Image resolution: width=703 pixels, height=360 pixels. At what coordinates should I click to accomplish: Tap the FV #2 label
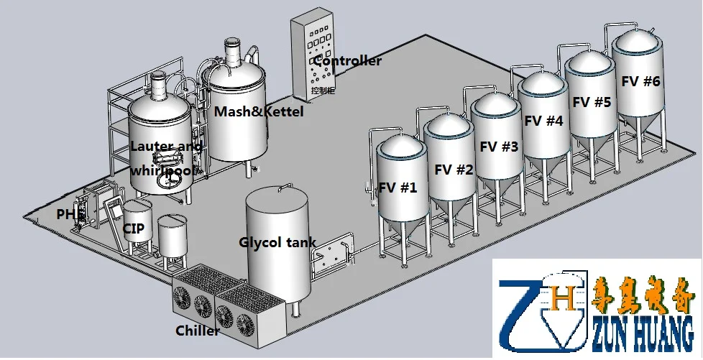454,170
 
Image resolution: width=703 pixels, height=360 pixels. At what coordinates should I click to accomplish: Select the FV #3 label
499,147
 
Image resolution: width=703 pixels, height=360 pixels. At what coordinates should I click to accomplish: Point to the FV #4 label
543,121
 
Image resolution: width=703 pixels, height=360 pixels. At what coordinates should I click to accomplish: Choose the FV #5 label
592,102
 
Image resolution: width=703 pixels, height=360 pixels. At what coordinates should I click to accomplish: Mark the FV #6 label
640,81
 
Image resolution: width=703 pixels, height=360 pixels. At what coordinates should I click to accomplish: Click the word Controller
347,61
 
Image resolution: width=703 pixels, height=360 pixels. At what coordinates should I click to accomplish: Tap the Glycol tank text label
277,242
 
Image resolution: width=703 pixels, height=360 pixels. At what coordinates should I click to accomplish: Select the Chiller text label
198,331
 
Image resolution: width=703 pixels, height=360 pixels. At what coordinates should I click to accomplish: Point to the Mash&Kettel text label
259,112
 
